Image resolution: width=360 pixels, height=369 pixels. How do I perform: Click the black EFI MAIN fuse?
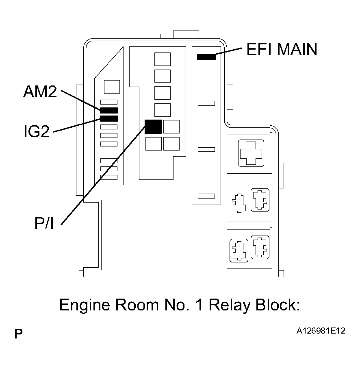[x=206, y=57]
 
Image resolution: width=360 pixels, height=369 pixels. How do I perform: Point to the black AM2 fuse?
[x=109, y=110]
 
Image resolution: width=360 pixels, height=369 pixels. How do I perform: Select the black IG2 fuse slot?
[x=109, y=118]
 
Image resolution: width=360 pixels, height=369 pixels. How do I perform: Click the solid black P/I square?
[x=153, y=127]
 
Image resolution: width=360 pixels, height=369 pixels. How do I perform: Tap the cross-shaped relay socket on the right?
[x=252, y=153]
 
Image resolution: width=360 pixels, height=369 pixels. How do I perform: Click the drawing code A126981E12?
[x=321, y=332]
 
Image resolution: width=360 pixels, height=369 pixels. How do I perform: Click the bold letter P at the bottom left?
[x=19, y=334]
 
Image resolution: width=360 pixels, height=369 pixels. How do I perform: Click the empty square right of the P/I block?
[x=171, y=127]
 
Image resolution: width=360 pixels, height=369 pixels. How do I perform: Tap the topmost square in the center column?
[x=163, y=59]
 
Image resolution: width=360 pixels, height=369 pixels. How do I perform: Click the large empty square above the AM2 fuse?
[x=112, y=87]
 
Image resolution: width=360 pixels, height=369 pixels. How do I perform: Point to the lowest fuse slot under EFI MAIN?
[x=206, y=196]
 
